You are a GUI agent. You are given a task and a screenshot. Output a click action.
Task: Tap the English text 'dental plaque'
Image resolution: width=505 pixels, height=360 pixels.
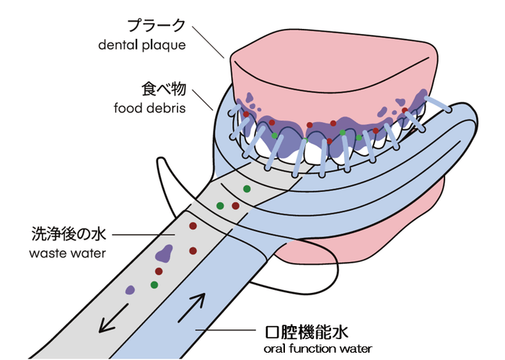[142, 45]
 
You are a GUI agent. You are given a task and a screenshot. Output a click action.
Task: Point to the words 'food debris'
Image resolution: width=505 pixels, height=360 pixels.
[149, 109]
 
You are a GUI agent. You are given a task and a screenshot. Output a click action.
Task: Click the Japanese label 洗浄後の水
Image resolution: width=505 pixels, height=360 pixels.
[67, 234]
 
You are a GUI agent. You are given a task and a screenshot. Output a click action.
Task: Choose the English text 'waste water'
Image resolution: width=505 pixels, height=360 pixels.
[67, 253]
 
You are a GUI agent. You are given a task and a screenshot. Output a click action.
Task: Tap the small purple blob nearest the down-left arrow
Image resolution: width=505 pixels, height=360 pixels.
[130, 290]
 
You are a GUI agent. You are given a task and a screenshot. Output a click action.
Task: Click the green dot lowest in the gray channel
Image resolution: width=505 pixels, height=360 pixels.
[154, 285]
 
